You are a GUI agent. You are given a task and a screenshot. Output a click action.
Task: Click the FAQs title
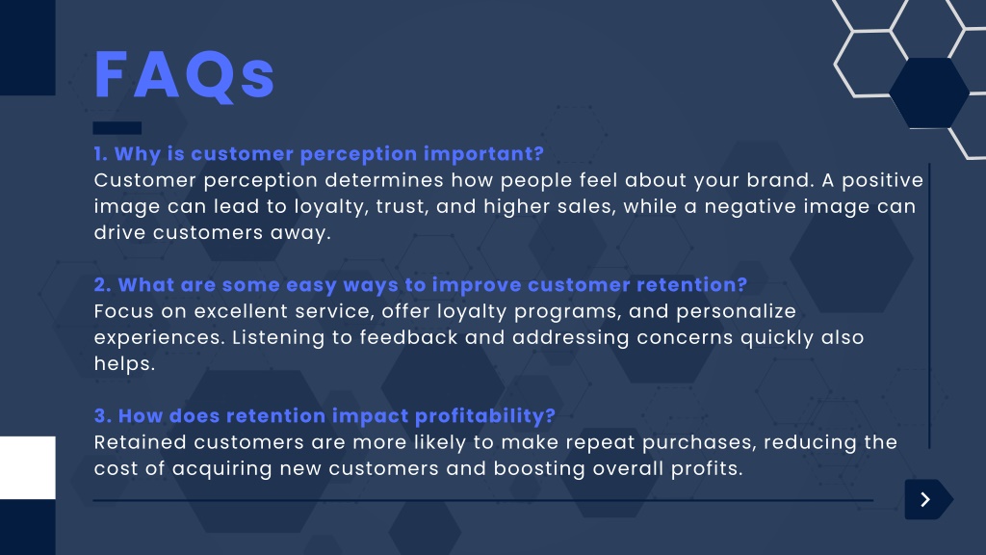pyautogui.click(x=184, y=75)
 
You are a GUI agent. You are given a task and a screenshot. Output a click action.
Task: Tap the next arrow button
pyautogui.click(x=928, y=500)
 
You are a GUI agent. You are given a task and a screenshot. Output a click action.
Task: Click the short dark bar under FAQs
pyautogui.click(x=117, y=128)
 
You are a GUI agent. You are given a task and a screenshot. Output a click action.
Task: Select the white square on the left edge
pyautogui.click(x=28, y=467)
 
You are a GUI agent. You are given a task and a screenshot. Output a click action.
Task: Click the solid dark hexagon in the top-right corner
pyautogui.click(x=929, y=93)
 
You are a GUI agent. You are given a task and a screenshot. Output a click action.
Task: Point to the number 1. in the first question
pyautogui.click(x=100, y=154)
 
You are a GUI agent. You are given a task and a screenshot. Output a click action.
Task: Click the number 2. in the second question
pyautogui.click(x=102, y=285)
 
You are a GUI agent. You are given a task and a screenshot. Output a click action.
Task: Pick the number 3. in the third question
pyautogui.click(x=103, y=416)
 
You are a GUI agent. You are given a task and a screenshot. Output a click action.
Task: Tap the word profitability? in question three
pyautogui.click(x=485, y=416)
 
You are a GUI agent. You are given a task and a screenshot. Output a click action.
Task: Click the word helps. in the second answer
pyautogui.click(x=124, y=364)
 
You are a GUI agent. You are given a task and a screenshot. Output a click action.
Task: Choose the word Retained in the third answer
pyautogui.click(x=141, y=442)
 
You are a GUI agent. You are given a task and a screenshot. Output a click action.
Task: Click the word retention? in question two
pyautogui.click(x=691, y=285)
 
